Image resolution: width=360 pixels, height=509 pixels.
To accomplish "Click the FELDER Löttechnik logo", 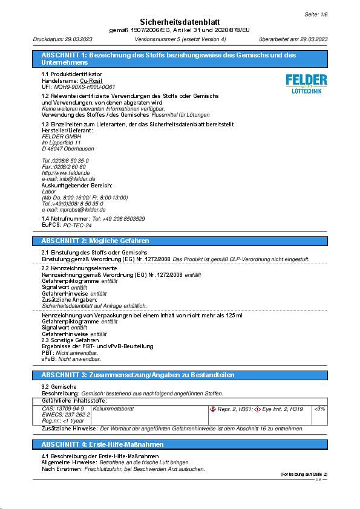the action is (306, 83).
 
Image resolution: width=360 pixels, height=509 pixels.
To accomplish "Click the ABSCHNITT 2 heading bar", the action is (180, 241).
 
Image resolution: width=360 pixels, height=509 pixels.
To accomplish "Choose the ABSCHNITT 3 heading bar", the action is (180, 375).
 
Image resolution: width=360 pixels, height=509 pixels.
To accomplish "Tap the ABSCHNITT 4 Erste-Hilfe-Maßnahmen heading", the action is (180, 444).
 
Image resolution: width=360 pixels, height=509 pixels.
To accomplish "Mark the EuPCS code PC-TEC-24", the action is (77, 224).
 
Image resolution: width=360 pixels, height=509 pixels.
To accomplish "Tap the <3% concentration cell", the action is (319, 409).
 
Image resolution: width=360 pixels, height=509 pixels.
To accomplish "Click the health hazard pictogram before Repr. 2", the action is (212, 409).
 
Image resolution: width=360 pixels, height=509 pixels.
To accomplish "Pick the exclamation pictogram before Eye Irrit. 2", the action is (258, 409).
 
